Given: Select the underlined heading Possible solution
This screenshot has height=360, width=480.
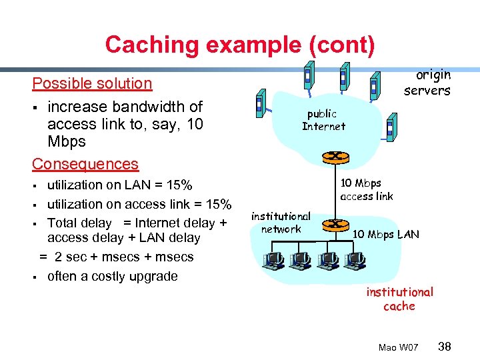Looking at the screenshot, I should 93,83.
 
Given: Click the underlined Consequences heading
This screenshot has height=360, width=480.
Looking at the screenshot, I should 85,164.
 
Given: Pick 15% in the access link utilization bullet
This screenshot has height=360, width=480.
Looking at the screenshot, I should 217,204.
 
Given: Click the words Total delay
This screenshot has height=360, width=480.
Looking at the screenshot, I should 79,223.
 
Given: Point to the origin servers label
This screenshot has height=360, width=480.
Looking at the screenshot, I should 427,83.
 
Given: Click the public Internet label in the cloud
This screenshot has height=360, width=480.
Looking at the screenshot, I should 323,120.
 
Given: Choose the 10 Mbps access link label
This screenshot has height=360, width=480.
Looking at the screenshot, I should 366,189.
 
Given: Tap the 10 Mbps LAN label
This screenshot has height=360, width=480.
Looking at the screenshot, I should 386,234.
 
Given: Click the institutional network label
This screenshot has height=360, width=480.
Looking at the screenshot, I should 281,223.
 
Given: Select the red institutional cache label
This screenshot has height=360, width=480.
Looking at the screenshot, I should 399,299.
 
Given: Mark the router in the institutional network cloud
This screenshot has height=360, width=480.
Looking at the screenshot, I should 337,225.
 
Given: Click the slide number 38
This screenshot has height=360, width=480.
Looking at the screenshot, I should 445,346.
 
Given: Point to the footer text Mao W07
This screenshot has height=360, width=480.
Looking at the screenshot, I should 398,347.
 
